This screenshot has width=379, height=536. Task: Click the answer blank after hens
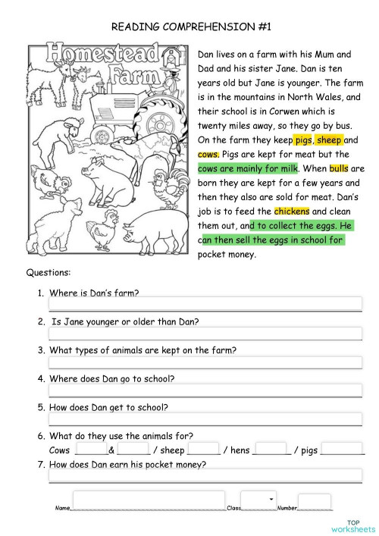tap(270, 450)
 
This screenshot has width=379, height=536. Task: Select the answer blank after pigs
tap(343, 450)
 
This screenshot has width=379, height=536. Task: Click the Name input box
tap(149, 501)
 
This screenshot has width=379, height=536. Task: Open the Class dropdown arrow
tap(271, 499)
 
